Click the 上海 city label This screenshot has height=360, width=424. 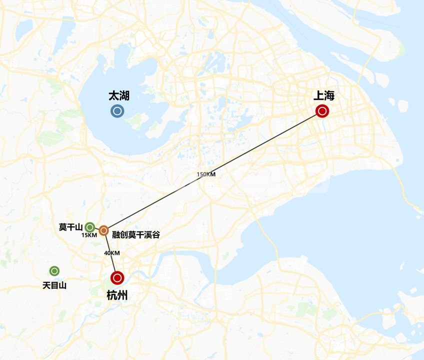tap(323, 95)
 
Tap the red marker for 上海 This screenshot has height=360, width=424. tap(322, 111)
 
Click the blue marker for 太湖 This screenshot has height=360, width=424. tap(117, 111)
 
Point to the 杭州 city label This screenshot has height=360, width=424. tap(117, 295)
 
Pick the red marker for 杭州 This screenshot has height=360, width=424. tap(117, 277)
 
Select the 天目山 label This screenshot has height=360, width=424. tap(54, 285)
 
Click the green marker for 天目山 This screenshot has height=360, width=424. tap(54, 271)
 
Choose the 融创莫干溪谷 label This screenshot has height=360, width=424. tap(136, 234)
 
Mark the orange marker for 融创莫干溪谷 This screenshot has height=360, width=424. tap(103, 230)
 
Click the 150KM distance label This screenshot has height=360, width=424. tap(206, 174)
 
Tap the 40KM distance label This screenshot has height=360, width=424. tap(112, 253)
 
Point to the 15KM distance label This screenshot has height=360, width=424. tap(89, 235)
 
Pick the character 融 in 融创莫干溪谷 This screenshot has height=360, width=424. tap(116, 234)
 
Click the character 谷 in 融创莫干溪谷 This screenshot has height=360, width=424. tap(156, 234)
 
